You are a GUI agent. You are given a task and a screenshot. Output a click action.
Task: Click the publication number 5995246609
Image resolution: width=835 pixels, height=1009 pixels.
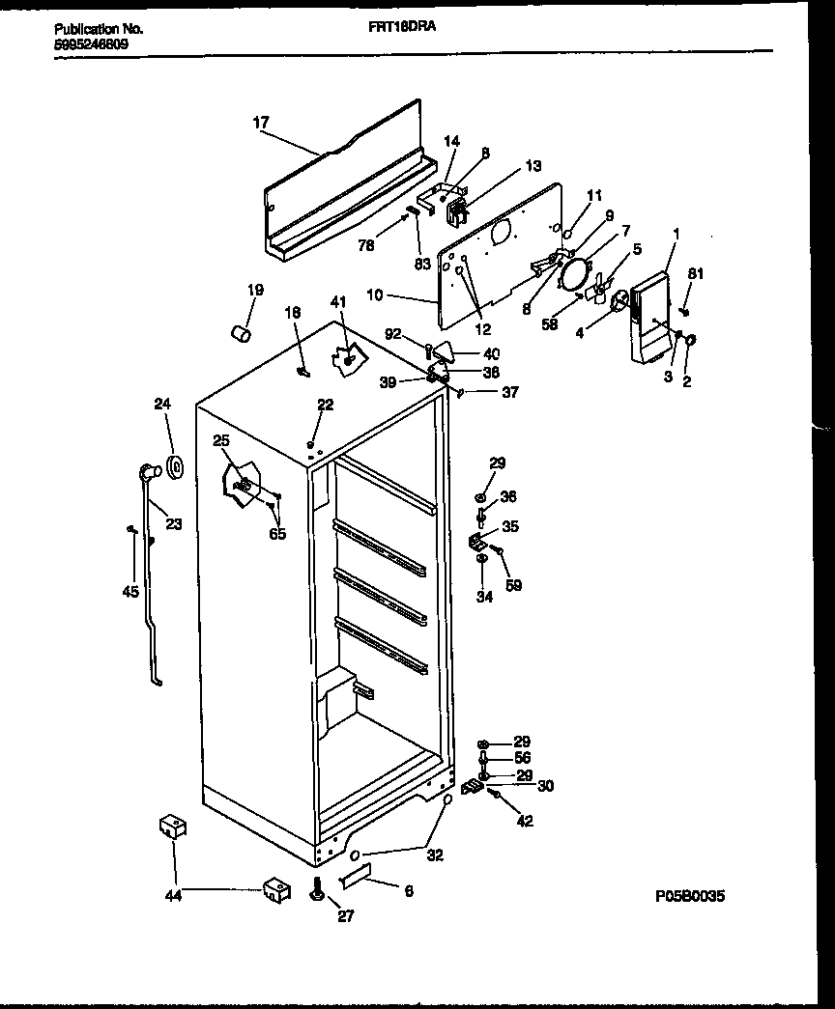[92, 43]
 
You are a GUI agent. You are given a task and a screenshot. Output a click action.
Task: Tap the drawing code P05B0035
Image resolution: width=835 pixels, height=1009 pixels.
[689, 896]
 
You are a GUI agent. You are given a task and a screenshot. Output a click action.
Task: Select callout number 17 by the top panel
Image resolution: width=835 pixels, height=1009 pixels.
[260, 123]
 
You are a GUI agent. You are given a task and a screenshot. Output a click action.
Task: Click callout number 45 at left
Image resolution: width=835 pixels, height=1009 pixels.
[130, 592]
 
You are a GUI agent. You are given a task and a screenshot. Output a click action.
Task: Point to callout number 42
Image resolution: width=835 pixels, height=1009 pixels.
[525, 822]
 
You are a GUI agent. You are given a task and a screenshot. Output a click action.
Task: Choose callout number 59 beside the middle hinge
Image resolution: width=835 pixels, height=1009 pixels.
[513, 584]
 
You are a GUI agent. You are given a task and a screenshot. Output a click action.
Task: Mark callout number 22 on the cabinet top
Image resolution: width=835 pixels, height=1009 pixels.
[326, 405]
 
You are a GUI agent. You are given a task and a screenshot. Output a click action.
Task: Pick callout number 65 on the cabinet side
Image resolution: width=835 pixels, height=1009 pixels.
[277, 534]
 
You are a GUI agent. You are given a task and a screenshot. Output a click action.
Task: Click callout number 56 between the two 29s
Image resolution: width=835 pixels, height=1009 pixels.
[522, 759]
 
